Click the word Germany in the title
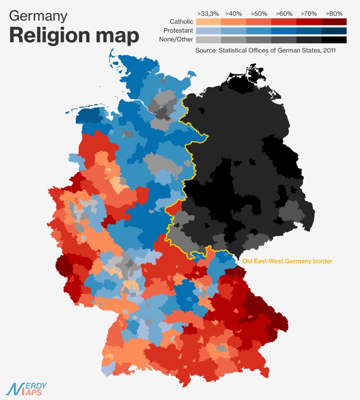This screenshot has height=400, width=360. [38, 17]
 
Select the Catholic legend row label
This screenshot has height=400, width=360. [181, 22]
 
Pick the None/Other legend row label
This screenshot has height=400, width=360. [177, 40]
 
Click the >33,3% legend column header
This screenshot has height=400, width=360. [208, 13]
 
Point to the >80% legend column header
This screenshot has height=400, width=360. [334, 13]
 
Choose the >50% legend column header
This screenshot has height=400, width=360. [258, 13]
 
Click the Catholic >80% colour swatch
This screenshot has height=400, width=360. [334, 22]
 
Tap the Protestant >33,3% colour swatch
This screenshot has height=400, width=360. [208, 31]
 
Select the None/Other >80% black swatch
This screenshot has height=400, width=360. [334, 40]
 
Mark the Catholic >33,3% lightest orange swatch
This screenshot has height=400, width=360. [208, 22]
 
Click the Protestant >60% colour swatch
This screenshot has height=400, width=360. [283, 31]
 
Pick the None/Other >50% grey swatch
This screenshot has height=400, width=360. [258, 40]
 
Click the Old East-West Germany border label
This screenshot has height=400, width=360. [288, 261]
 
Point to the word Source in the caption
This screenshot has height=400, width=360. [206, 50]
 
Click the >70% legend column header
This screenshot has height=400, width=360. [309, 13]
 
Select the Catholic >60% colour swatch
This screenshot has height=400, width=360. [283, 22]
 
